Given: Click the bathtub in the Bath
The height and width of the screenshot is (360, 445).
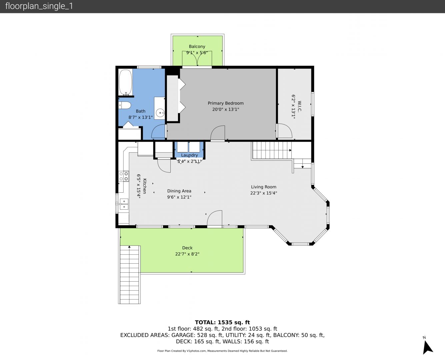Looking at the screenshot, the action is click(125, 82).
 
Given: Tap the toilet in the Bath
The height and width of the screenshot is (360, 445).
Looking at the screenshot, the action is click(125, 105).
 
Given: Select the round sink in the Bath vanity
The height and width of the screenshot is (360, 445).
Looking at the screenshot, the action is click(160, 113).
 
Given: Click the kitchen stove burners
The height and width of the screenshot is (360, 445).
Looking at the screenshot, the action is click(124, 176).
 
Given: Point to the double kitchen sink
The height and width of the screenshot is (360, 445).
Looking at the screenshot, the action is click(124, 204).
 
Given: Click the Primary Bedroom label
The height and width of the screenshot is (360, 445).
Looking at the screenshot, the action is click(226, 103).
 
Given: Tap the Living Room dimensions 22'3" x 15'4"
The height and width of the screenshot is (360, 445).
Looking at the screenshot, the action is click(264, 193).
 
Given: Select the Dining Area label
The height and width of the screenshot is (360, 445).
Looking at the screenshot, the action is click(179, 191).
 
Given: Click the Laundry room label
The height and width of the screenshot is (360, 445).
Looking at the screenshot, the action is click(189, 155).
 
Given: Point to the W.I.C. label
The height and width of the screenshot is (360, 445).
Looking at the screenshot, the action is click(299, 107).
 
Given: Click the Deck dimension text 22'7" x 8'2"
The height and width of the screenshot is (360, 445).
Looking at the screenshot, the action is click(187, 254).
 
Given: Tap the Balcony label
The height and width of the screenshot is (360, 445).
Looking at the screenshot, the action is click(197, 46).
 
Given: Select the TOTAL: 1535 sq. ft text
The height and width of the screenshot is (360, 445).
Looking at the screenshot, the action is click(222, 322).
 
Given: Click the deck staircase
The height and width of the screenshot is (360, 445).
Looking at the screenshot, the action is click(129, 275).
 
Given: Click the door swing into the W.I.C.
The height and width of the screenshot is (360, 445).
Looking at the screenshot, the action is click(285, 131).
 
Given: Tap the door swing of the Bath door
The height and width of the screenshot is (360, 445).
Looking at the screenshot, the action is click(158, 131).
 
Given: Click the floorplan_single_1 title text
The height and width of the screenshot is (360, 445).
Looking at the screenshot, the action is click(39, 6).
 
